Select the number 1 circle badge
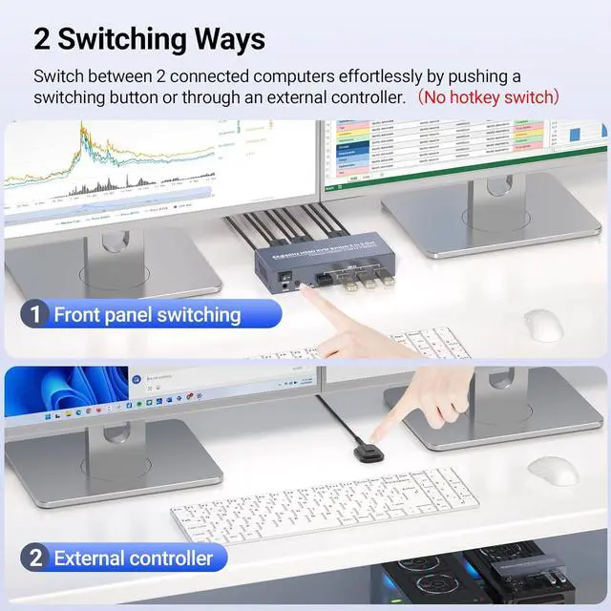pos(35,313)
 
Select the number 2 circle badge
pos(35,558)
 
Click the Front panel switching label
pos(147,313)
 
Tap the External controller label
pos(133,558)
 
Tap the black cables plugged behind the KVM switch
pos(286,229)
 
